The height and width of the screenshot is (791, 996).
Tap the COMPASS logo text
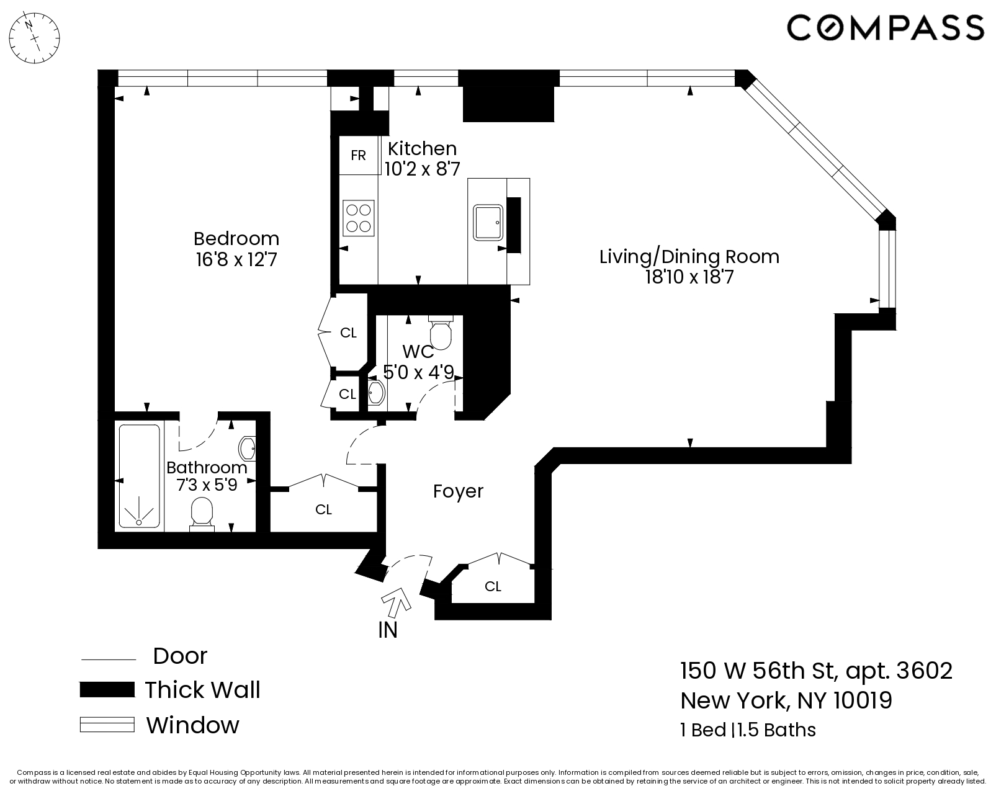click(x=885, y=28)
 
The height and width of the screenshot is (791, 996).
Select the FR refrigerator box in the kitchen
click(x=358, y=155)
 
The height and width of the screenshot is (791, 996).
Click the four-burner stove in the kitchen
click(x=359, y=218)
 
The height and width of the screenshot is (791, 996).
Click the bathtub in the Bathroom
click(x=139, y=476)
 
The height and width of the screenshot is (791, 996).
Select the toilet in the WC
click(x=441, y=333)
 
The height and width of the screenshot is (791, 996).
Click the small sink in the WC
click(x=376, y=393)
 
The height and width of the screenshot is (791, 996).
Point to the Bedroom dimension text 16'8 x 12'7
click(x=236, y=259)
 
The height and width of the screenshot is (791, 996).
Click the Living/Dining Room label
click(x=689, y=256)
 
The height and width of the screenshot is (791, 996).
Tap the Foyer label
click(x=458, y=491)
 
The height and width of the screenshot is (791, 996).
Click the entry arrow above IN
click(x=397, y=601)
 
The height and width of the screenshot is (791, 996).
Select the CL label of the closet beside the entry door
click(x=493, y=586)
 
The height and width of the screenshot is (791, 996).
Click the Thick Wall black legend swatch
click(x=107, y=690)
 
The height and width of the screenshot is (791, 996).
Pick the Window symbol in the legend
click(x=107, y=725)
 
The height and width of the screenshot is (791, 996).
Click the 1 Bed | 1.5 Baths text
click(x=748, y=730)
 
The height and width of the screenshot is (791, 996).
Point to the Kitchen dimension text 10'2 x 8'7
click(x=422, y=169)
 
